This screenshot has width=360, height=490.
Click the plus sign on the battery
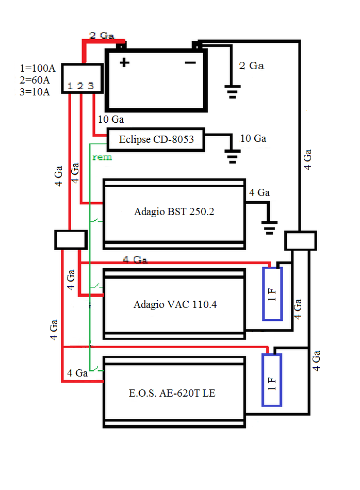124,63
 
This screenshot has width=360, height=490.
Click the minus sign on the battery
190,63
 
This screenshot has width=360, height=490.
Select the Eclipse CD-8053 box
155,139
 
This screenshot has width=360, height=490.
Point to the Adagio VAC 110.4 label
175,304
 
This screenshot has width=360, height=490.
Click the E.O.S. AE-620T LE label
172,393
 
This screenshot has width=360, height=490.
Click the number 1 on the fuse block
70,86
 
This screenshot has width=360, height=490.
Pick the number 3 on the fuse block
90,86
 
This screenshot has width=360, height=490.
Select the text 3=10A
35,92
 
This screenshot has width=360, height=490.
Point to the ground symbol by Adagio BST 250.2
269,228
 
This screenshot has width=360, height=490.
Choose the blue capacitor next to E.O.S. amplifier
272,380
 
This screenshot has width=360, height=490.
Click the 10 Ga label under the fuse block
111,120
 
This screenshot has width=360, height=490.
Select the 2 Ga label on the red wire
102,36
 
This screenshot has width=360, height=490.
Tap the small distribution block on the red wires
70,239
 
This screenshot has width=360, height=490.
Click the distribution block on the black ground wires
301,241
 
